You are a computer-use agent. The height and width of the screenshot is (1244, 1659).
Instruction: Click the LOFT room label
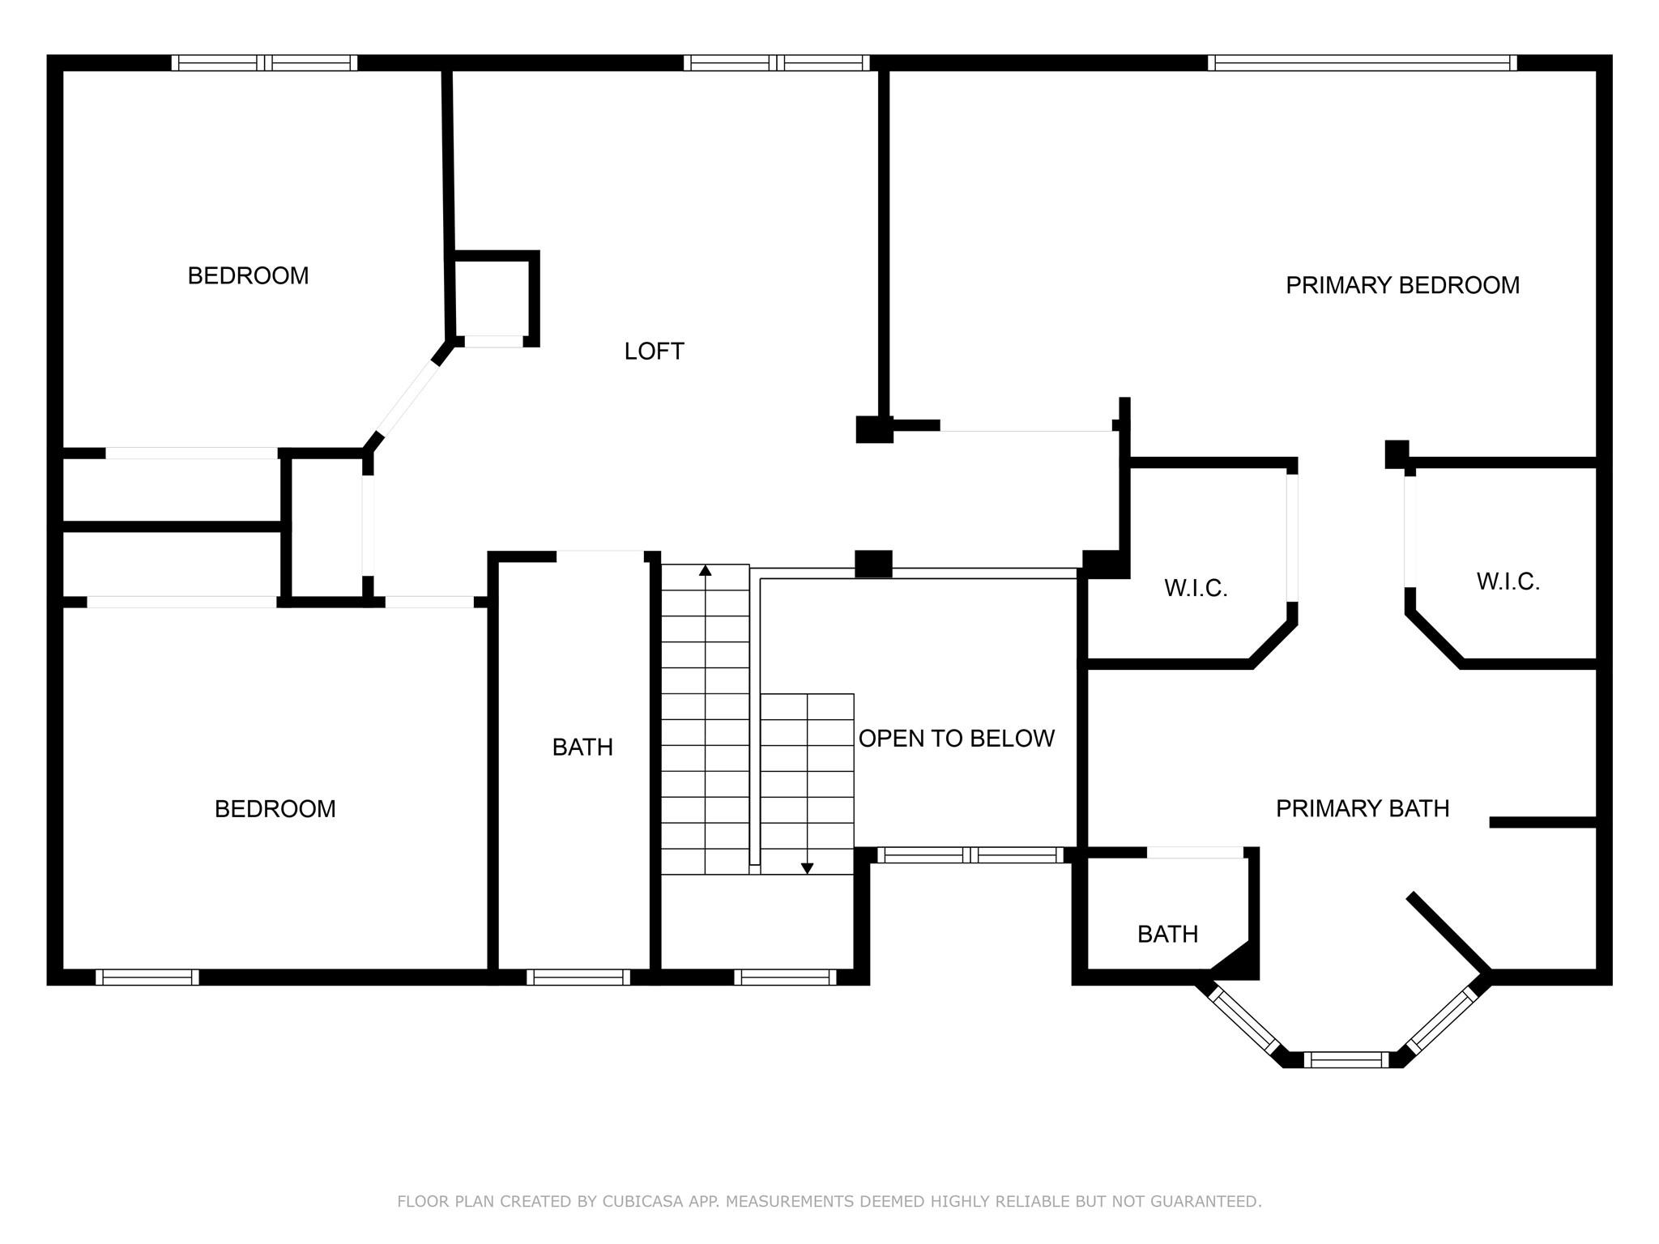[x=654, y=351]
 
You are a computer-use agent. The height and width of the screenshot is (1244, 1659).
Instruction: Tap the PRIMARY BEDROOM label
[x=1402, y=285]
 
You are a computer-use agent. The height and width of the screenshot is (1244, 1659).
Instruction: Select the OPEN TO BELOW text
[x=956, y=738]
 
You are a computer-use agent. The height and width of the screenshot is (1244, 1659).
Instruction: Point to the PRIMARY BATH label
[x=1362, y=807]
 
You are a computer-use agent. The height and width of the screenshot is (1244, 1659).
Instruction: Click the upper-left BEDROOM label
[x=248, y=275]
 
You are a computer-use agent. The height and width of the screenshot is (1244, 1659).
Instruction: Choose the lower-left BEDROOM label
[x=275, y=808]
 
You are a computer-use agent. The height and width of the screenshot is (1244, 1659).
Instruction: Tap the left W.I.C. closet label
[x=1196, y=588]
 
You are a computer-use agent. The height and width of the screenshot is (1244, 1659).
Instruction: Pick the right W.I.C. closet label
[x=1508, y=582]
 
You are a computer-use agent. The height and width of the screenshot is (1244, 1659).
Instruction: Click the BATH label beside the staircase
[x=582, y=747]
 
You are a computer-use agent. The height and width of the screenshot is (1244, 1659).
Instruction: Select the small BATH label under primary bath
[x=1167, y=934]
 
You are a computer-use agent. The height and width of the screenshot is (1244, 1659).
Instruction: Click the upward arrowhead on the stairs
[x=705, y=570]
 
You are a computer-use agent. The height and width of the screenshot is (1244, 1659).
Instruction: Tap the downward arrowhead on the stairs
[x=807, y=868]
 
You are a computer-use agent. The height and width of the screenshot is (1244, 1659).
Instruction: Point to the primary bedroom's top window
[x=1362, y=63]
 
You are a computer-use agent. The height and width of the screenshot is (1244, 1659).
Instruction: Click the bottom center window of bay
[x=1346, y=1059]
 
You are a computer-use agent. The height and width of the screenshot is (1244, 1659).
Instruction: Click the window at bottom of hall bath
[x=578, y=977]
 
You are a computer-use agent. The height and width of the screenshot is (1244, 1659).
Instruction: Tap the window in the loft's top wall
[x=776, y=63]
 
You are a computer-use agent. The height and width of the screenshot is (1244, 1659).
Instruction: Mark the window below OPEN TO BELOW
[x=970, y=854]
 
